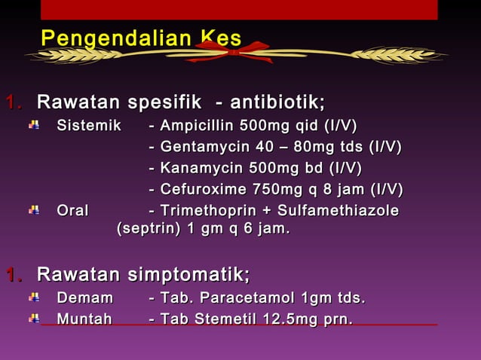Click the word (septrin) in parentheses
148,228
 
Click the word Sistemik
89,125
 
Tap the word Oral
72,210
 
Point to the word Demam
85,298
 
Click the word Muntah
84,319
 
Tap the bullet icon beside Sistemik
34,125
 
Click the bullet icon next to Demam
34,298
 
